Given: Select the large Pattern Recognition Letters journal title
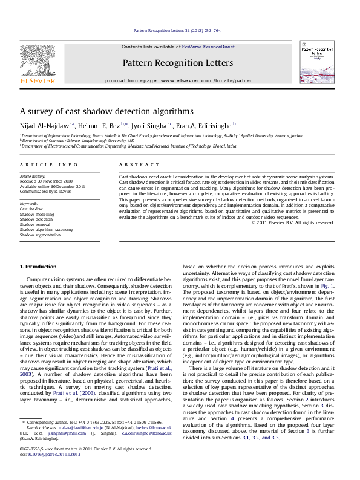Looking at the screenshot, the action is [x=177, y=63].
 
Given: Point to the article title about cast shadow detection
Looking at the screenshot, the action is [x=106, y=112].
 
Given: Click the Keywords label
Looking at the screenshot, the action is [x=28, y=204].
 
